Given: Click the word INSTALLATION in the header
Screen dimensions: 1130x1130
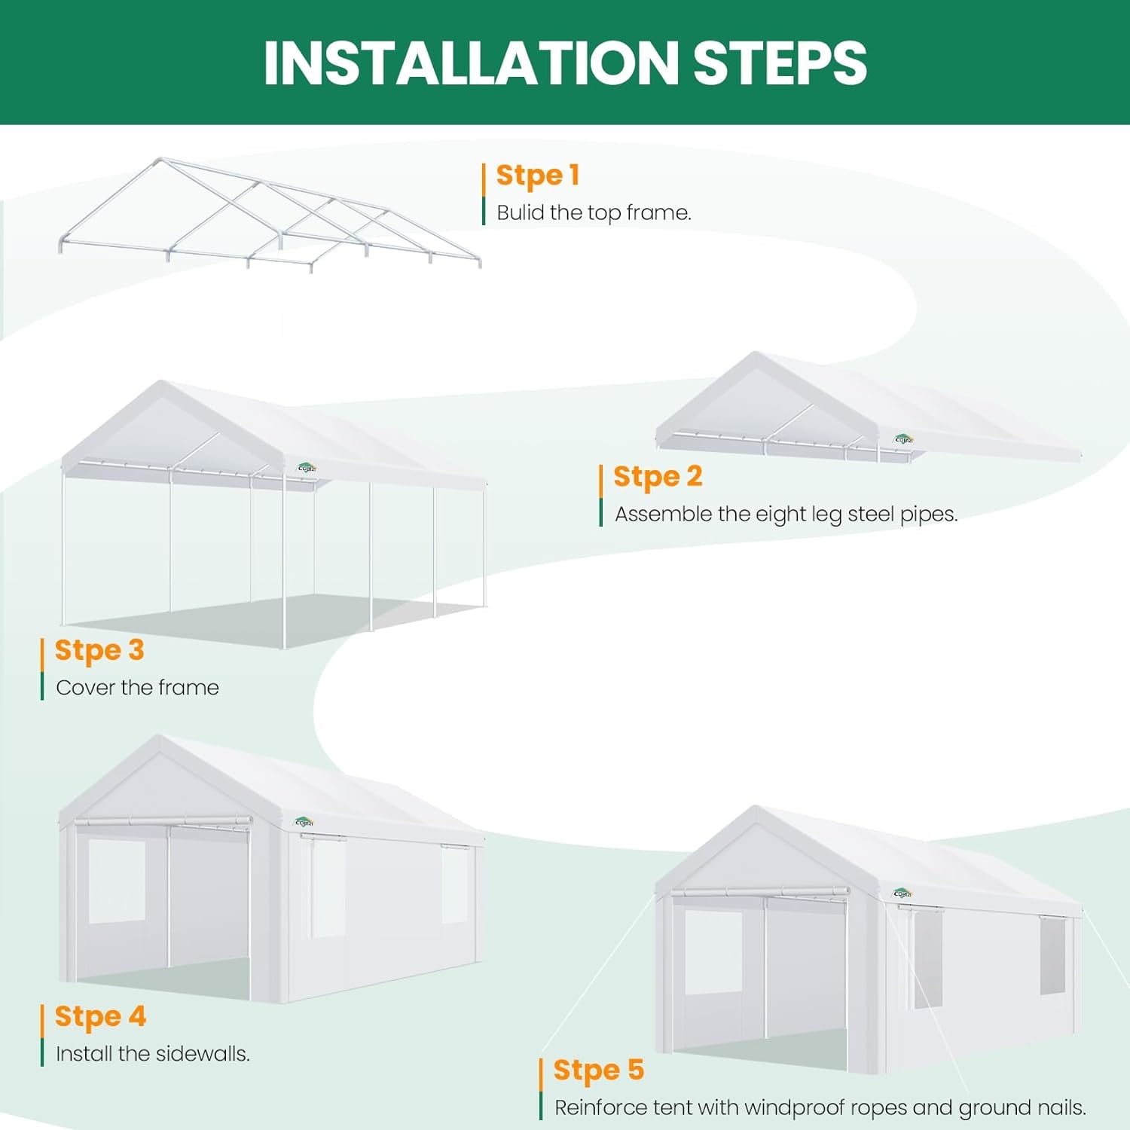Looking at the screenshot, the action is coord(472,63).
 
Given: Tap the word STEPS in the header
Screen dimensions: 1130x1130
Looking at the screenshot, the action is coord(780,63).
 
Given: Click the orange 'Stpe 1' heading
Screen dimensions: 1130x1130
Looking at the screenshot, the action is coord(538,176).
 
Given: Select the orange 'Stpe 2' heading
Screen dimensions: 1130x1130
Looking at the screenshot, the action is coord(658,477).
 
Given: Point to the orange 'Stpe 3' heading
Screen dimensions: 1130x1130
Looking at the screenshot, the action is coord(99,650).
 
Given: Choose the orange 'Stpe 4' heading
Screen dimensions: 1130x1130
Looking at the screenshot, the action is coord(100,1016).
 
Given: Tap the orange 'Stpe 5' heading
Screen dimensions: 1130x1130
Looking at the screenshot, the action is coord(599,1070).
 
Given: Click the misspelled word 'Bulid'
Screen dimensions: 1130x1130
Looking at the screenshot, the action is coord(521,212).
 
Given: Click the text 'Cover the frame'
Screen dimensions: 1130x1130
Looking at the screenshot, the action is coord(137,687).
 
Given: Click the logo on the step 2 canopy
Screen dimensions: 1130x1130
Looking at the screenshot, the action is coord(903,439).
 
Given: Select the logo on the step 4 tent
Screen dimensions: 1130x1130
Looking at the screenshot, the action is coord(304,822).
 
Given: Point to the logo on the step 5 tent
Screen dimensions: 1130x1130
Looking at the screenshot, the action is coord(902,893).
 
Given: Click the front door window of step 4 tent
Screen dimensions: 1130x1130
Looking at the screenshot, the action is coord(117,881).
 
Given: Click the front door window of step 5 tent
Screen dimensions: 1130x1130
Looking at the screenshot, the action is coord(713,953).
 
